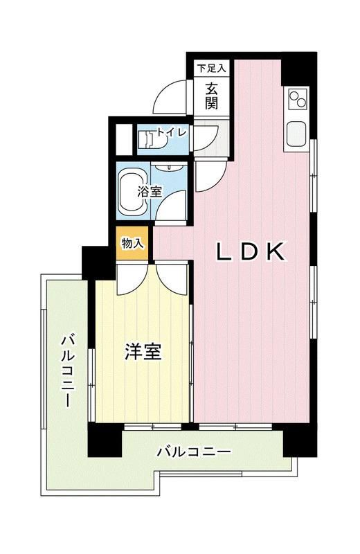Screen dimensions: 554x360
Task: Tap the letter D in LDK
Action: [x=250, y=253]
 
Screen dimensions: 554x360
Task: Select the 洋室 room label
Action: [x=143, y=352]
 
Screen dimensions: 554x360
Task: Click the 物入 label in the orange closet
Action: [x=132, y=243]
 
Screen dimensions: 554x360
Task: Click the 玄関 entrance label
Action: [x=211, y=97]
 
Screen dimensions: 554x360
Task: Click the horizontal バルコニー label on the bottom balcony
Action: [x=193, y=452]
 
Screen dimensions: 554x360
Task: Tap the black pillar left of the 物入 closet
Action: [x=93, y=262]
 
